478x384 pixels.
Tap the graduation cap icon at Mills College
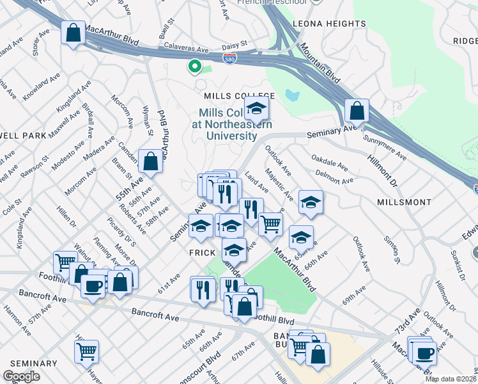tap(256, 109)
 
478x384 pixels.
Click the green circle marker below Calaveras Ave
tap(194, 66)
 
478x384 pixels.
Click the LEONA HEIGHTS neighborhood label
tap(329, 24)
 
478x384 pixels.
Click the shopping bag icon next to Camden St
tap(151, 162)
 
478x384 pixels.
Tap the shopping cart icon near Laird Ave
tap(271, 223)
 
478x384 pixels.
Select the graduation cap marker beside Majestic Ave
tap(311, 203)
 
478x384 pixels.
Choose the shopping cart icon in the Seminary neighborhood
tap(86, 351)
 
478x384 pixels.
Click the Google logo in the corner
tap(21, 376)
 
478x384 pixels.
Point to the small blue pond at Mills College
tap(293, 96)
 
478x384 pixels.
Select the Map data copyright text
tap(450, 379)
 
